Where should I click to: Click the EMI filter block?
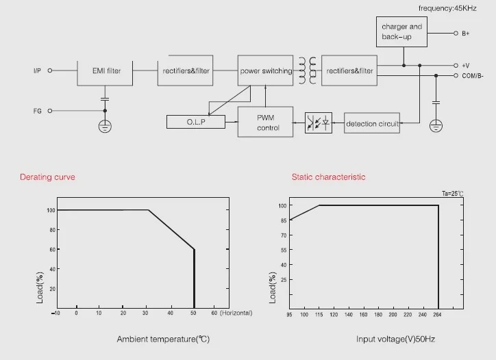tap(105, 73)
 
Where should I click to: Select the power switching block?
tap(265, 70)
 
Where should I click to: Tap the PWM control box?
tap(265, 122)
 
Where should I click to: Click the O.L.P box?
tap(196, 122)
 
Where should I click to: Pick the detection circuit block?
tap(372, 123)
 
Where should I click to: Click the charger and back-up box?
tap(401, 32)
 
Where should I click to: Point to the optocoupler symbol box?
tap(319, 123)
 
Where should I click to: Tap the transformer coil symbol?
tap(308, 70)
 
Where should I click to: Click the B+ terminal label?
tap(466, 34)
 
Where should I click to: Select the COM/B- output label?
tap(473, 76)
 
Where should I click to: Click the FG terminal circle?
tap(49, 111)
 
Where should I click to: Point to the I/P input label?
tap(37, 70)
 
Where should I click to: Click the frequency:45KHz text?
tap(447, 8)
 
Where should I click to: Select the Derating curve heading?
tap(47, 177)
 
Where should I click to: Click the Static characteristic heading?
tap(328, 177)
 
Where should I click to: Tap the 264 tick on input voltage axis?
tap(437, 315)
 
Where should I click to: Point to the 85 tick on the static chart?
tap(284, 220)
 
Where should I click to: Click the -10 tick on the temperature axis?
tap(55, 313)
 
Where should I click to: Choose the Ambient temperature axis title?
tap(163, 339)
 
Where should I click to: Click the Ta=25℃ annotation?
tap(453, 194)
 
